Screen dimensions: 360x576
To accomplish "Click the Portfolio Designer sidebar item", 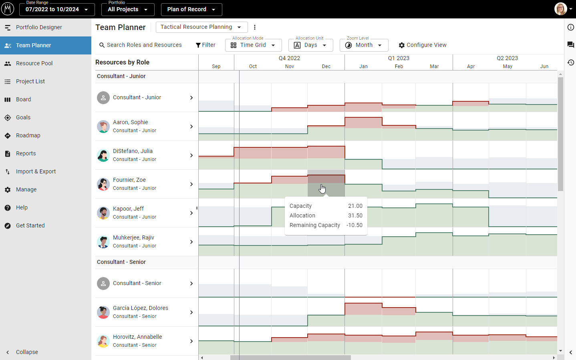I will pyautogui.click(x=39, y=27).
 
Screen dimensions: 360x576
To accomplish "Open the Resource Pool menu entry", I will pyautogui.click(x=34, y=63).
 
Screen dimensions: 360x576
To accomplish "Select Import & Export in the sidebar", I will pyautogui.click(x=36, y=171).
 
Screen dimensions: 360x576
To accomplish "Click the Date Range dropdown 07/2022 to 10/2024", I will pyautogui.click(x=57, y=9).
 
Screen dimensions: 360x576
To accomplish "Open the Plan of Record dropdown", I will pyautogui.click(x=191, y=9).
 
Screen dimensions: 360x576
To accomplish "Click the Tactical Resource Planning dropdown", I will pyautogui.click(x=201, y=27).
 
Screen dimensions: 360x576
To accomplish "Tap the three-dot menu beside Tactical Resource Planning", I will pyautogui.click(x=255, y=27).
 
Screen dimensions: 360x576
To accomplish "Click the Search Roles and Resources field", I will pyautogui.click(x=144, y=45).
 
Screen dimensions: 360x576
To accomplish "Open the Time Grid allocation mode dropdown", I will pyautogui.click(x=253, y=45).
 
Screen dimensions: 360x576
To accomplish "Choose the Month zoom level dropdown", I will pyautogui.click(x=364, y=45).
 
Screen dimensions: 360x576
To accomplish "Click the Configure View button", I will pyautogui.click(x=423, y=45).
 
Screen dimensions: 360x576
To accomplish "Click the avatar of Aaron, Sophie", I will pyautogui.click(x=103, y=127).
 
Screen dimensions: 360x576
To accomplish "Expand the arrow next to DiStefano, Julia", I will pyautogui.click(x=191, y=155).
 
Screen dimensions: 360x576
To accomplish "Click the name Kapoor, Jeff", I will pyautogui.click(x=128, y=209).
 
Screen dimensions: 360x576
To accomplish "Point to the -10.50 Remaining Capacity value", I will pyautogui.click(x=354, y=225).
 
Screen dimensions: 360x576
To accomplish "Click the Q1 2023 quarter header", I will pyautogui.click(x=399, y=58).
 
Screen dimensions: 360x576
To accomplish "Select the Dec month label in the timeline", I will pyautogui.click(x=326, y=66).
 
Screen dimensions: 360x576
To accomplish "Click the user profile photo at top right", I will pyautogui.click(x=560, y=9).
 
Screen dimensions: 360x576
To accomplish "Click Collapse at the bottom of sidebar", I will pyautogui.click(x=27, y=352).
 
